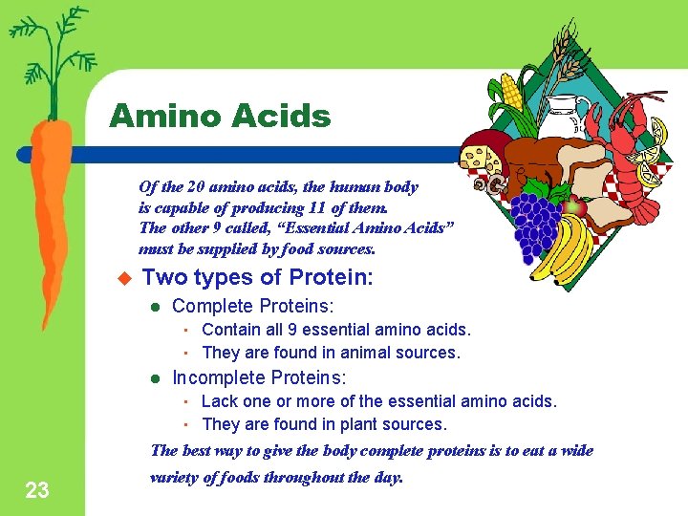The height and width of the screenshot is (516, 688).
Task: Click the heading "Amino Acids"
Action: point(220,117)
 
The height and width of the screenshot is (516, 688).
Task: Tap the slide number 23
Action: point(37,491)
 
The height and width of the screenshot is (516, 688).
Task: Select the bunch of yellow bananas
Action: point(564,250)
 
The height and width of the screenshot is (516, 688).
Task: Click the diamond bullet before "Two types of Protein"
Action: point(121,279)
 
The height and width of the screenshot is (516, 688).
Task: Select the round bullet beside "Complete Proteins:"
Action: point(155,307)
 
